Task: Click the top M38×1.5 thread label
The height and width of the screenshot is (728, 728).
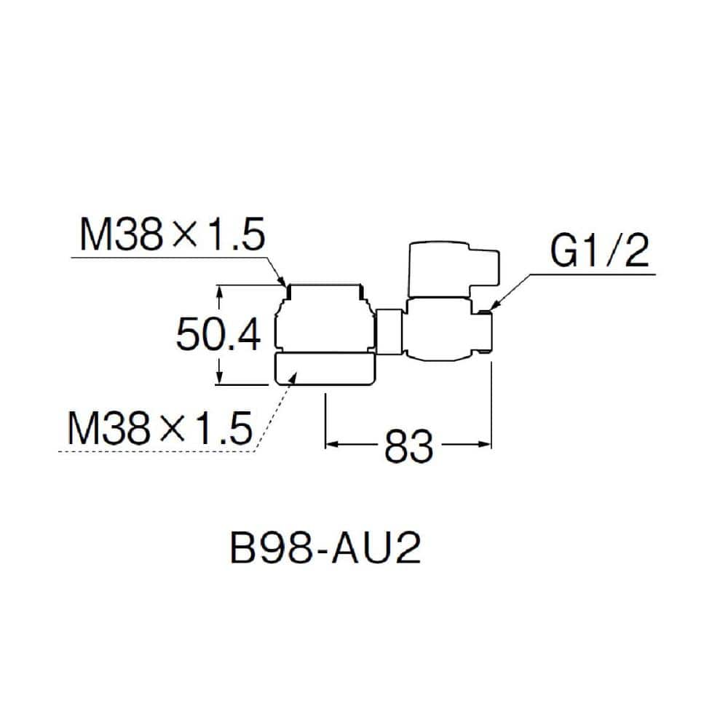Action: click(173, 234)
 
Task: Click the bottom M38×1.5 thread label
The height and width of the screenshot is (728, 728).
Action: click(160, 427)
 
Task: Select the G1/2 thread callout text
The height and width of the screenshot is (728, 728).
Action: click(599, 250)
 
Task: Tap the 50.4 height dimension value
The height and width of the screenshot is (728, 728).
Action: click(218, 334)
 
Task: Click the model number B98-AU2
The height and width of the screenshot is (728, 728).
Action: click(325, 548)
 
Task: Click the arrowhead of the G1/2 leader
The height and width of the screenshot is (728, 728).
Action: click(494, 306)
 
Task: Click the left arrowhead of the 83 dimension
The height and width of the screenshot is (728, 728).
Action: click(331, 445)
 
